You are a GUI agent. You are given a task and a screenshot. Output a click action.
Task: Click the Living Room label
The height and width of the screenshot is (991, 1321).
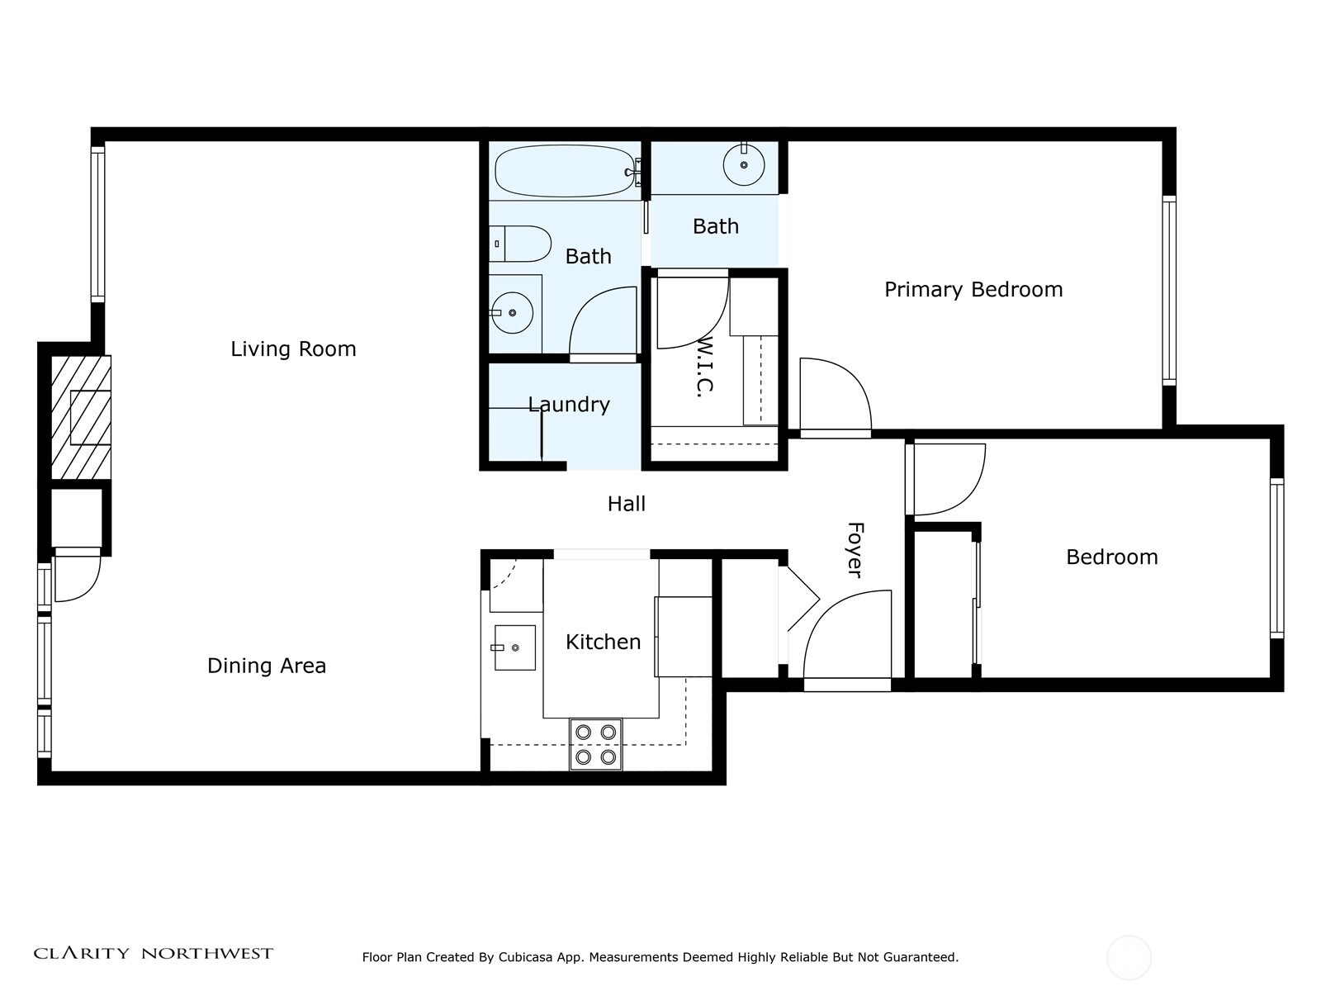tap(293, 349)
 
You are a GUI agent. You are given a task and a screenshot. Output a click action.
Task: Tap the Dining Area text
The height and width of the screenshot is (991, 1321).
tap(267, 666)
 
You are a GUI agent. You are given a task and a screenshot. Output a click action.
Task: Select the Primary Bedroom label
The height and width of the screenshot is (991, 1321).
tap(973, 290)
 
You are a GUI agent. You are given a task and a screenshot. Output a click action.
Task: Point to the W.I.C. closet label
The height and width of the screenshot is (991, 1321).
tap(705, 367)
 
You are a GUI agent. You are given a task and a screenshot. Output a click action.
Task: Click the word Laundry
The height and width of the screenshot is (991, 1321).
tap(569, 405)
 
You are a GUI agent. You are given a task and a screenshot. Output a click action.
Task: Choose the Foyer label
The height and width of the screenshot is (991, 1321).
tap(855, 549)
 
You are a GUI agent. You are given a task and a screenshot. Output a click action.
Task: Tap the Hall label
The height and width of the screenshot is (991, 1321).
tap(627, 504)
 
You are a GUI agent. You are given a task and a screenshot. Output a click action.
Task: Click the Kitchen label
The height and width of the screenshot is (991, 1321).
tap(603, 642)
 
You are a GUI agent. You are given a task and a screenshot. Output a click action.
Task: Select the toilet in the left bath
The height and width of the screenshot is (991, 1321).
tap(519, 244)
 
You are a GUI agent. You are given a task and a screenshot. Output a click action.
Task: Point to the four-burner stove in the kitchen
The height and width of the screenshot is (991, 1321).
tap(596, 744)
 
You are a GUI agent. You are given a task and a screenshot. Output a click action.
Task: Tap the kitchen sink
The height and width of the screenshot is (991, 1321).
tap(514, 647)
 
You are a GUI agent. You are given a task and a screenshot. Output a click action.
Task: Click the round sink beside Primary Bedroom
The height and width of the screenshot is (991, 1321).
tap(744, 164)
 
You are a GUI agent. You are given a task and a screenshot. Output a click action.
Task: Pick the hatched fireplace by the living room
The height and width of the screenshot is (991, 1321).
tap(81, 418)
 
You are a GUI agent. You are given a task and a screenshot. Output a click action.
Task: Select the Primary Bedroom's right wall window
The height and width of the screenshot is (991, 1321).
tap(1169, 291)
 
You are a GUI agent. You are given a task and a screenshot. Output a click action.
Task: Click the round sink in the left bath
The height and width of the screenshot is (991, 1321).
tap(512, 313)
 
